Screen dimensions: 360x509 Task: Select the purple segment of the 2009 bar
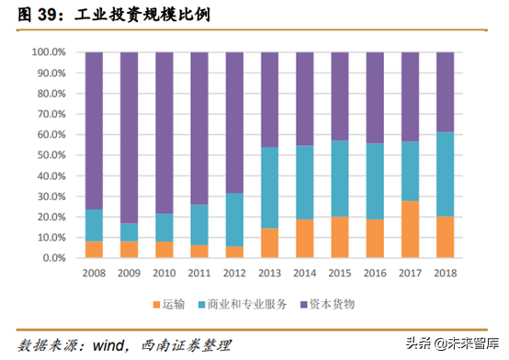(x=129, y=138)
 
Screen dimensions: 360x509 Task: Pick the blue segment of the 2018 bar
(x=444, y=174)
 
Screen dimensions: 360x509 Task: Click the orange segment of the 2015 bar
(x=339, y=237)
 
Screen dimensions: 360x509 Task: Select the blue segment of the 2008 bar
(x=94, y=225)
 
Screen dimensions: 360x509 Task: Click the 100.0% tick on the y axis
(x=48, y=52)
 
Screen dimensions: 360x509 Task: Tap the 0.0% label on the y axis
(x=52, y=258)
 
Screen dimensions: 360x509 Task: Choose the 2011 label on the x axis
(x=198, y=273)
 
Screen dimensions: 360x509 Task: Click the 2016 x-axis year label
(x=374, y=273)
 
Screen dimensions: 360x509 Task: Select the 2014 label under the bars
(x=304, y=273)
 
